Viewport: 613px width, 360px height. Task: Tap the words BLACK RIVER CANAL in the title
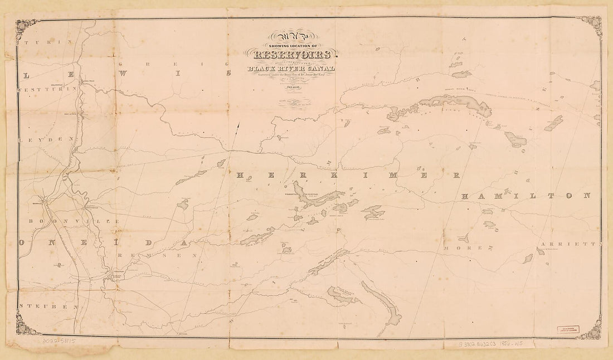(292, 69)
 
